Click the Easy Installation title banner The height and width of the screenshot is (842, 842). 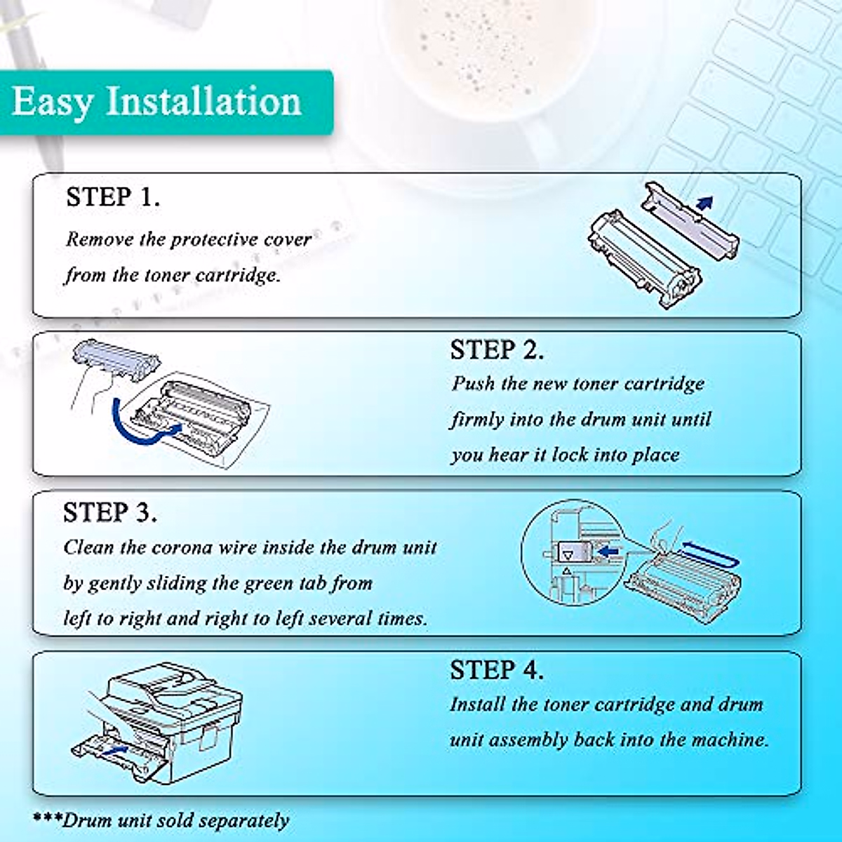(x=158, y=102)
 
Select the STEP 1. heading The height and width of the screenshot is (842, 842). (x=113, y=197)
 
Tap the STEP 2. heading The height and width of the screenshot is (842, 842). (x=497, y=350)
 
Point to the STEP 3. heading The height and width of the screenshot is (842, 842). (x=110, y=513)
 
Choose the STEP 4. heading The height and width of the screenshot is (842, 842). (x=497, y=670)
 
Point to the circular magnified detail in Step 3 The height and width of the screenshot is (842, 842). (x=572, y=551)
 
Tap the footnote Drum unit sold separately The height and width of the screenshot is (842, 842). (x=161, y=820)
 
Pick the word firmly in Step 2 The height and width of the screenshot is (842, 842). (x=478, y=420)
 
